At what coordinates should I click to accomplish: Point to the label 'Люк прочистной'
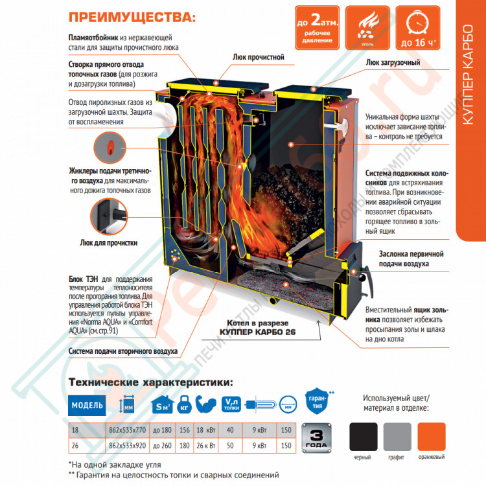[259, 57]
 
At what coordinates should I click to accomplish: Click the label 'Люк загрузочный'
[394, 63]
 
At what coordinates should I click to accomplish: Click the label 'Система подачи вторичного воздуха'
[122, 352]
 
